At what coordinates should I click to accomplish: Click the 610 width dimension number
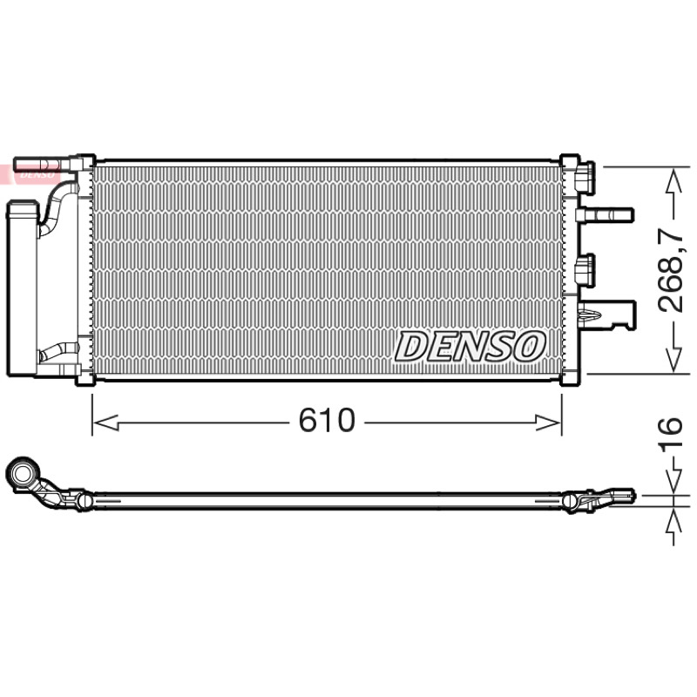[327, 420]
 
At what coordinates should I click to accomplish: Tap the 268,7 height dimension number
[670, 270]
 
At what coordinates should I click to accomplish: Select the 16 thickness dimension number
[670, 433]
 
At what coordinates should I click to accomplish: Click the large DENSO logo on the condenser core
[470, 346]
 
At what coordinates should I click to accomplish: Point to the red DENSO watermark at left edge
[28, 173]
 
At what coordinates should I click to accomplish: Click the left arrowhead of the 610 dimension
[105, 423]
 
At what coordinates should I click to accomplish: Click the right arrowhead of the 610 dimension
[549, 423]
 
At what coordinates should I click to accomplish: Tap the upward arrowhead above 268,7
[673, 180]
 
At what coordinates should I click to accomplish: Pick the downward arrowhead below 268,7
[673, 360]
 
